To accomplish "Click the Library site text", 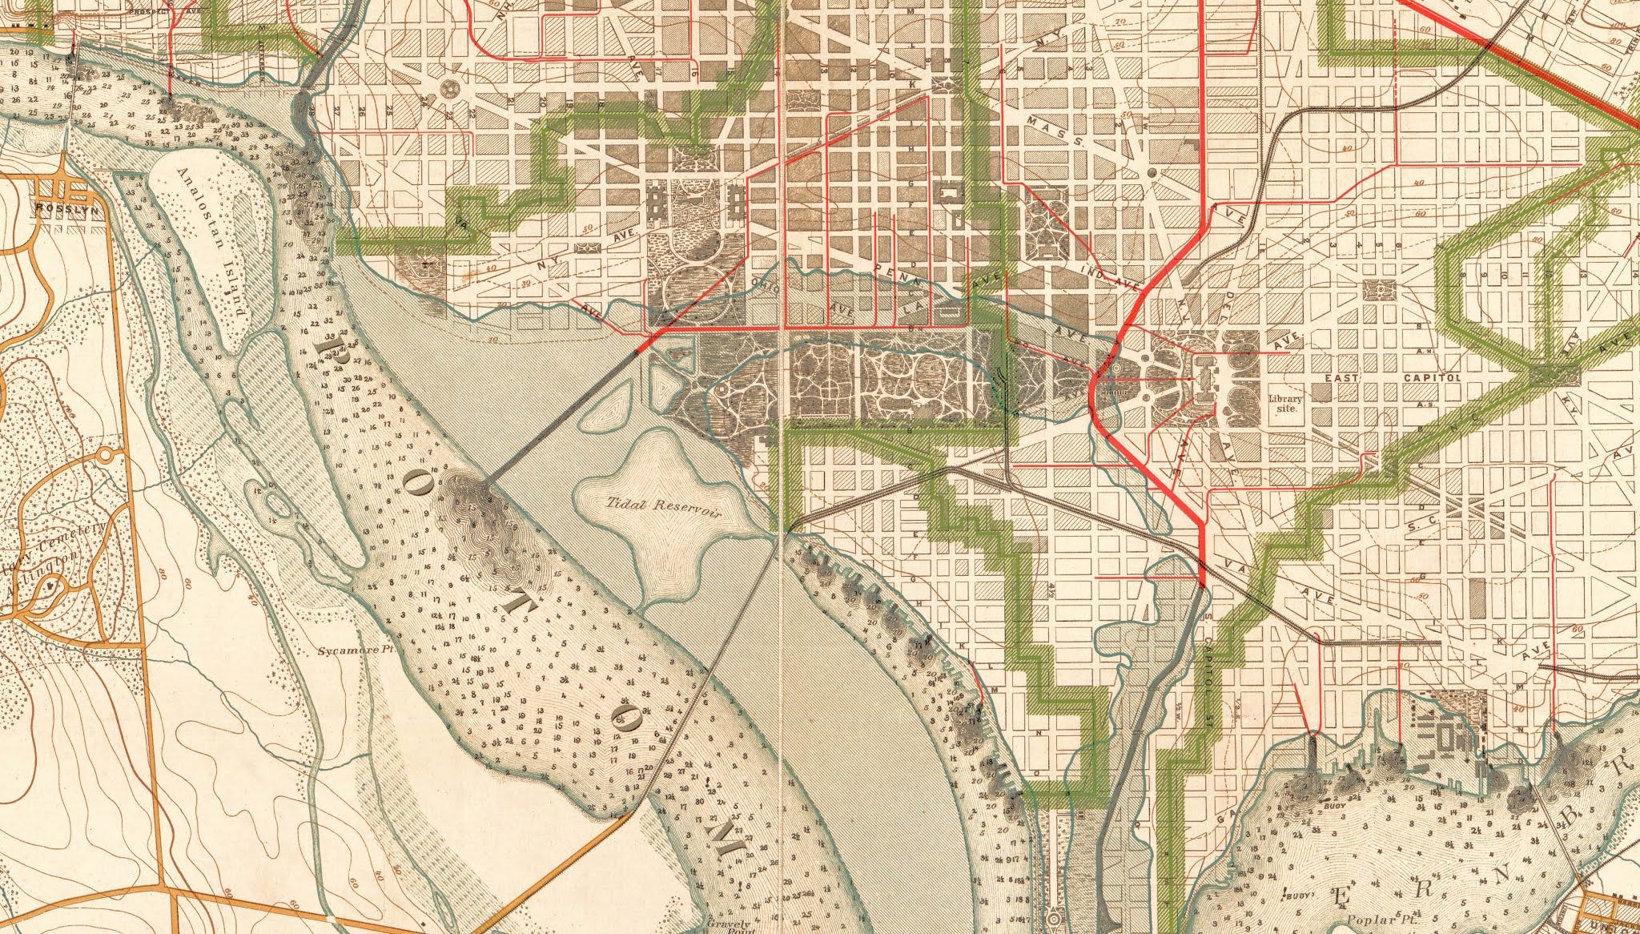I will pyautogui.click(x=1286, y=403).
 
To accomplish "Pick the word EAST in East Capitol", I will pyautogui.click(x=1344, y=377).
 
